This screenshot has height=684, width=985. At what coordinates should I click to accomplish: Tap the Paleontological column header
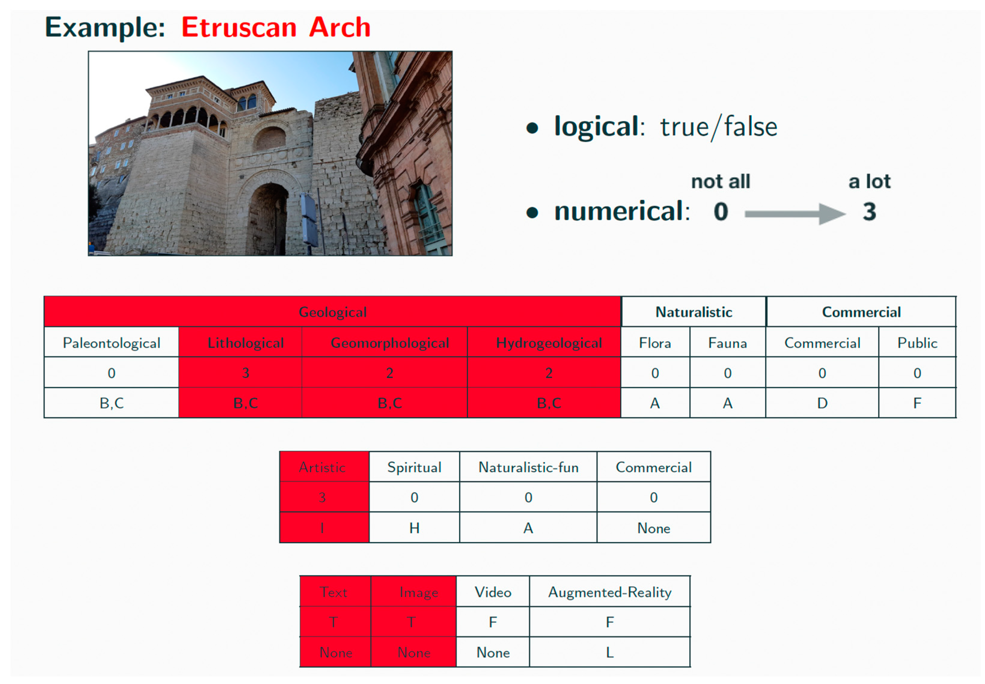pyautogui.click(x=111, y=343)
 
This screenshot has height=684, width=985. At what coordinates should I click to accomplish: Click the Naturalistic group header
pyautogui.click(x=694, y=312)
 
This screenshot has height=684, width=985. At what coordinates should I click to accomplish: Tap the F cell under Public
pyautogui.click(x=916, y=403)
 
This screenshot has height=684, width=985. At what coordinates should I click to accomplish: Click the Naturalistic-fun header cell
pyautogui.click(x=528, y=467)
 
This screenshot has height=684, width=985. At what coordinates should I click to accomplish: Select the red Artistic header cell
pyautogui.click(x=322, y=467)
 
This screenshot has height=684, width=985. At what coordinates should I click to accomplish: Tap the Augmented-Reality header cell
pyautogui.click(x=609, y=592)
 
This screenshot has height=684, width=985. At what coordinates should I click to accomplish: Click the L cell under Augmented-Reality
pyautogui.click(x=609, y=652)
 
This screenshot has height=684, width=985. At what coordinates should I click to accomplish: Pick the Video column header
pyautogui.click(x=493, y=592)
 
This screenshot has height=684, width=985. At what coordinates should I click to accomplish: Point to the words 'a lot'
pyautogui.click(x=869, y=182)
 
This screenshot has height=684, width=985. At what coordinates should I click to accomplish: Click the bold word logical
pyautogui.click(x=596, y=126)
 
